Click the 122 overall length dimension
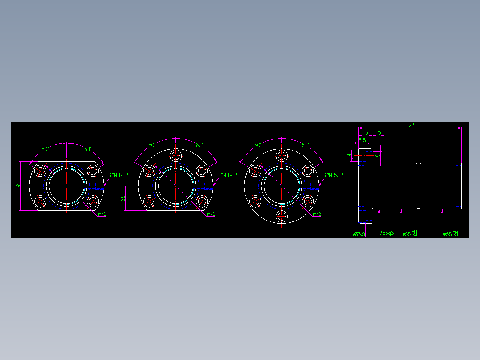tap(410, 125)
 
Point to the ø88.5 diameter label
tap(358, 234)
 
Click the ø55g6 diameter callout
tap(386, 233)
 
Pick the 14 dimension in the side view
tap(349, 155)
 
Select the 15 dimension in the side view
tap(378, 133)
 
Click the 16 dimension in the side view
tap(365, 133)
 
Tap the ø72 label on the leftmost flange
tap(102, 214)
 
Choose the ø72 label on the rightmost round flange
tap(317, 214)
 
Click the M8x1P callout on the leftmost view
tap(119, 176)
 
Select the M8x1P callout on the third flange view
tap(334, 176)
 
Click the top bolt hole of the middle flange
tap(175, 155)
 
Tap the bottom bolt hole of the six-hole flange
tap(281, 217)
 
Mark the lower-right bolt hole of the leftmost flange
tap(93, 201)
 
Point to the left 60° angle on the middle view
tap(152, 145)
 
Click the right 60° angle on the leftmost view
tap(88, 149)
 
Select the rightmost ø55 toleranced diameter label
tap(451, 233)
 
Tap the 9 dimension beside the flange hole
tap(378, 155)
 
